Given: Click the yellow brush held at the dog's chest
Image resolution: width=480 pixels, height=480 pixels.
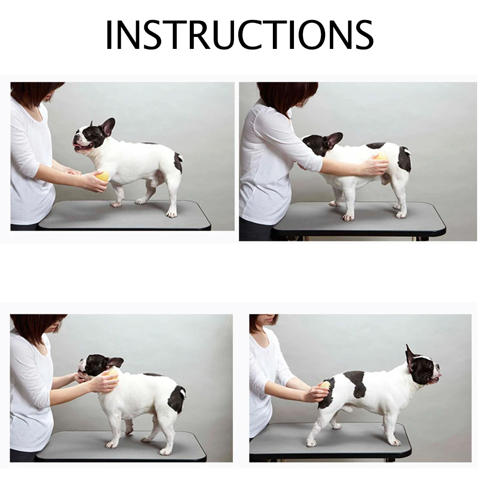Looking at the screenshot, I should click(102, 176).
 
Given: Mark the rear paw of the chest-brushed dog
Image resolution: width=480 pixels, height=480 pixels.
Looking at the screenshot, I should click(171, 213).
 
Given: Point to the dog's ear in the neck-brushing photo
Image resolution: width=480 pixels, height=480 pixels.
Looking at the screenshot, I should click(115, 362).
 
